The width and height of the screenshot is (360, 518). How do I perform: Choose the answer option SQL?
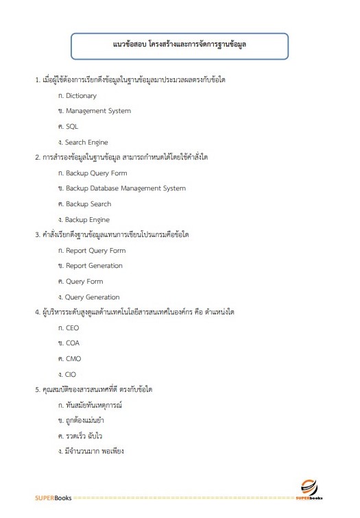(x=72, y=127)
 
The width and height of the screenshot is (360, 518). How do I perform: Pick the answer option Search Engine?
(x=86, y=142)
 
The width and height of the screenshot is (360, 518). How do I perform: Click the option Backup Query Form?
(x=96, y=173)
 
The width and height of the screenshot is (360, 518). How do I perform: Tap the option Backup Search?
(x=88, y=204)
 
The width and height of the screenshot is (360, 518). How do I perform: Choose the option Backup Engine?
(x=87, y=220)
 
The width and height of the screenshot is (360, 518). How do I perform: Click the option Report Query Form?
(x=95, y=251)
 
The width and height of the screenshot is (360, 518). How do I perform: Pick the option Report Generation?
(x=94, y=266)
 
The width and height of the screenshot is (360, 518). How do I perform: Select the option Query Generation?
(x=93, y=297)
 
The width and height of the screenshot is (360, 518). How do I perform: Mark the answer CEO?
(x=72, y=328)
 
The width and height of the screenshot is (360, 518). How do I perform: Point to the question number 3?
(x=38, y=235)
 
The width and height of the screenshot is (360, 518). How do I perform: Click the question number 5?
(x=38, y=390)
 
